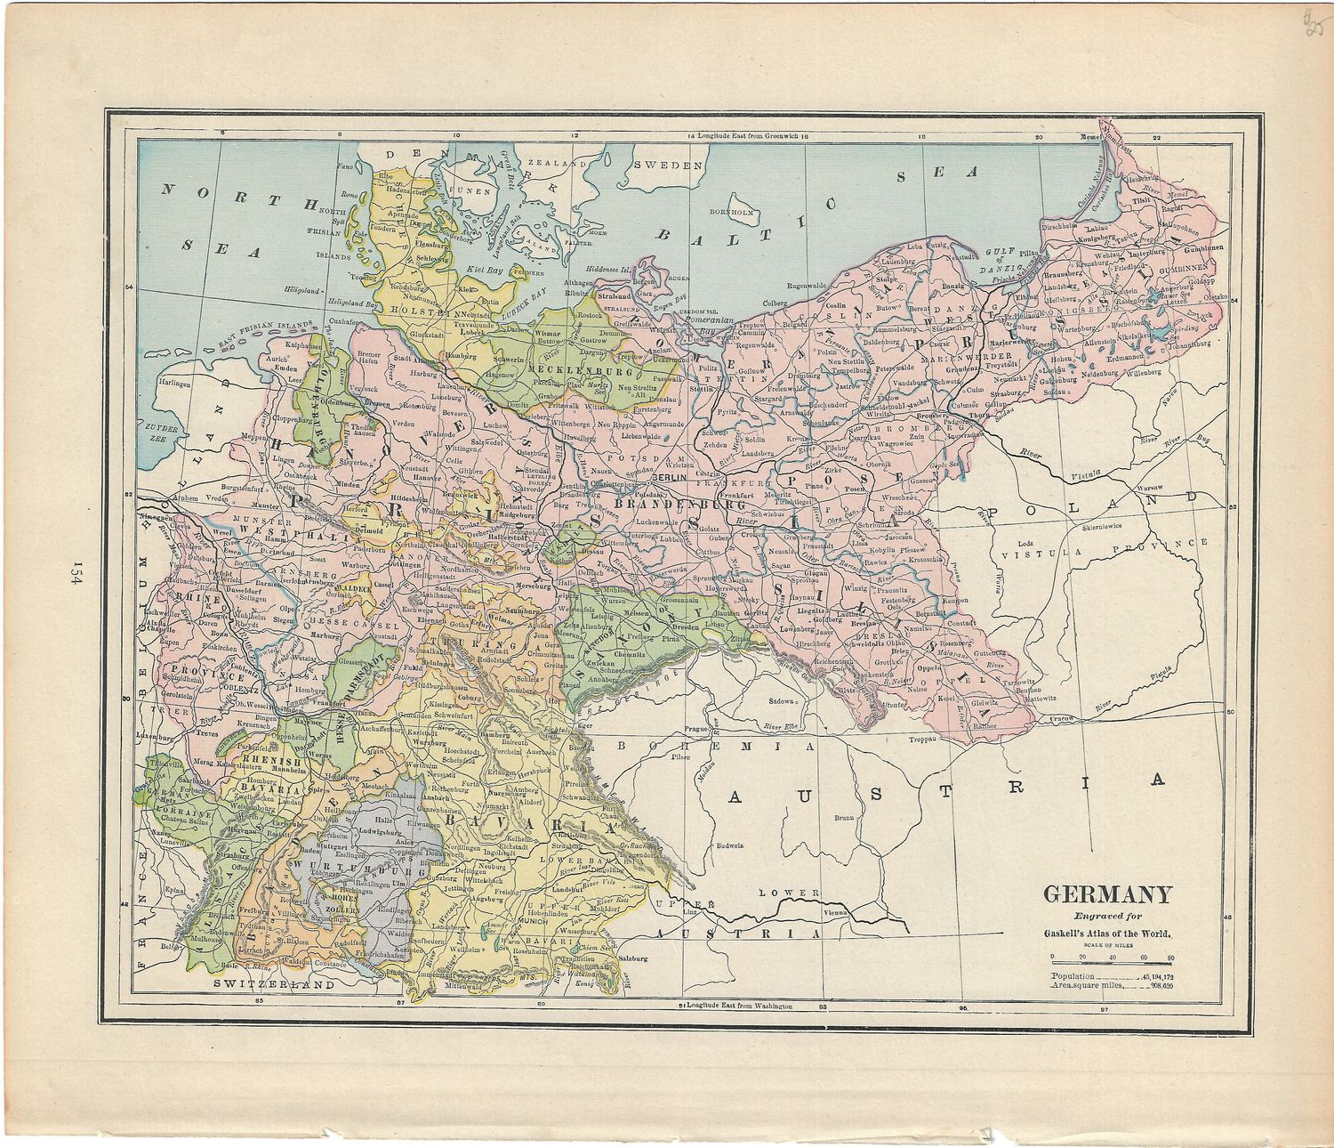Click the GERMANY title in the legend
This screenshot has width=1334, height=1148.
pos(1107,894)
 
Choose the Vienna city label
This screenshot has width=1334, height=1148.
pos(838,913)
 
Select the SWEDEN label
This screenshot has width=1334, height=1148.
pos(669,165)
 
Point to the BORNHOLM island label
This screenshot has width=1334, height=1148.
pos(733,214)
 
